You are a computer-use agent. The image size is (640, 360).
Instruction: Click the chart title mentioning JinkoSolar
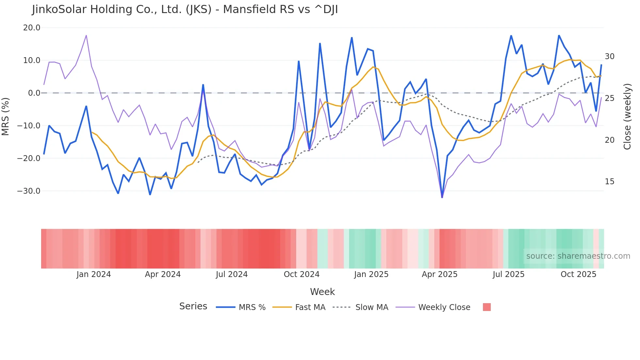(x=185, y=9)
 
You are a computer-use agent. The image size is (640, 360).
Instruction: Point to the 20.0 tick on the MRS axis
(x=32, y=28)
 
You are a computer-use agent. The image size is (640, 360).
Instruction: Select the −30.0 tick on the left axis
(x=29, y=191)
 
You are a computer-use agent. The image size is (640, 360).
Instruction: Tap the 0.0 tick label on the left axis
(x=34, y=93)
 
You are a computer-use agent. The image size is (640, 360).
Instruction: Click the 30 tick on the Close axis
(x=609, y=57)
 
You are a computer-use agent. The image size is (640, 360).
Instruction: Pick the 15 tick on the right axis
(x=609, y=182)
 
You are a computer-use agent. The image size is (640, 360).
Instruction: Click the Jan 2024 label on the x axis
(x=94, y=274)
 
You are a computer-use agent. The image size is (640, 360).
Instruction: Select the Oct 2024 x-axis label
(x=301, y=274)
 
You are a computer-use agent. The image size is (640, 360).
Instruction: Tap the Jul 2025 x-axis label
(x=508, y=274)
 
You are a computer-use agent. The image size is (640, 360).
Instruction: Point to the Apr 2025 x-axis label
(x=440, y=274)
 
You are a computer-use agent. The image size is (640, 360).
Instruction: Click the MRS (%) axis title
(x=6, y=117)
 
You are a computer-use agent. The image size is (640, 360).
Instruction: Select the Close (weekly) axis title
(x=627, y=117)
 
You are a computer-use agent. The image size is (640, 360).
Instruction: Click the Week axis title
(x=322, y=292)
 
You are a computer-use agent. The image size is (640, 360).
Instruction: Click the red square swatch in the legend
(x=487, y=307)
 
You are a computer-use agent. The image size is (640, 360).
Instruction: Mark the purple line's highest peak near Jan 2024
(x=86, y=35)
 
